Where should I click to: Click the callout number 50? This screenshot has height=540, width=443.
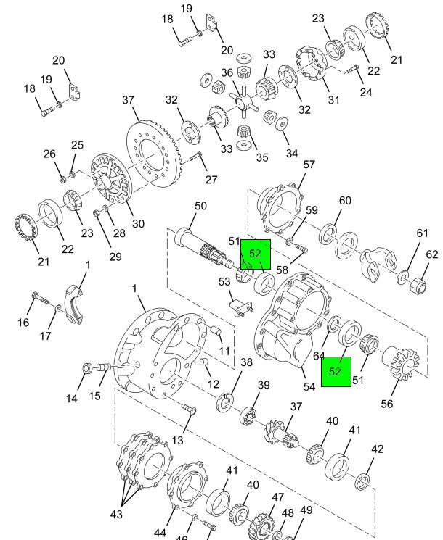pyautogui.click(x=200, y=207)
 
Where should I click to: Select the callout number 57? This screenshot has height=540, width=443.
pyautogui.click(x=309, y=165)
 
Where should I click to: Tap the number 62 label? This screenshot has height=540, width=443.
pyautogui.click(x=432, y=254)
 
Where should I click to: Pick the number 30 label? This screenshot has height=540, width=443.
pyautogui.click(x=137, y=224)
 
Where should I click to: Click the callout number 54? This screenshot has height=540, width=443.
pyautogui.click(x=309, y=386)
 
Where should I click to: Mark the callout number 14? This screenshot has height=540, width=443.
pyautogui.click(x=72, y=399)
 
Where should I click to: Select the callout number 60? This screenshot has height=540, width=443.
pyautogui.click(x=344, y=201)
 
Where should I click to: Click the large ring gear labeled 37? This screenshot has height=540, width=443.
pyautogui.click(x=154, y=152)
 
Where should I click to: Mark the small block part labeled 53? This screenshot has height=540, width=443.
pyautogui.click(x=239, y=304)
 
